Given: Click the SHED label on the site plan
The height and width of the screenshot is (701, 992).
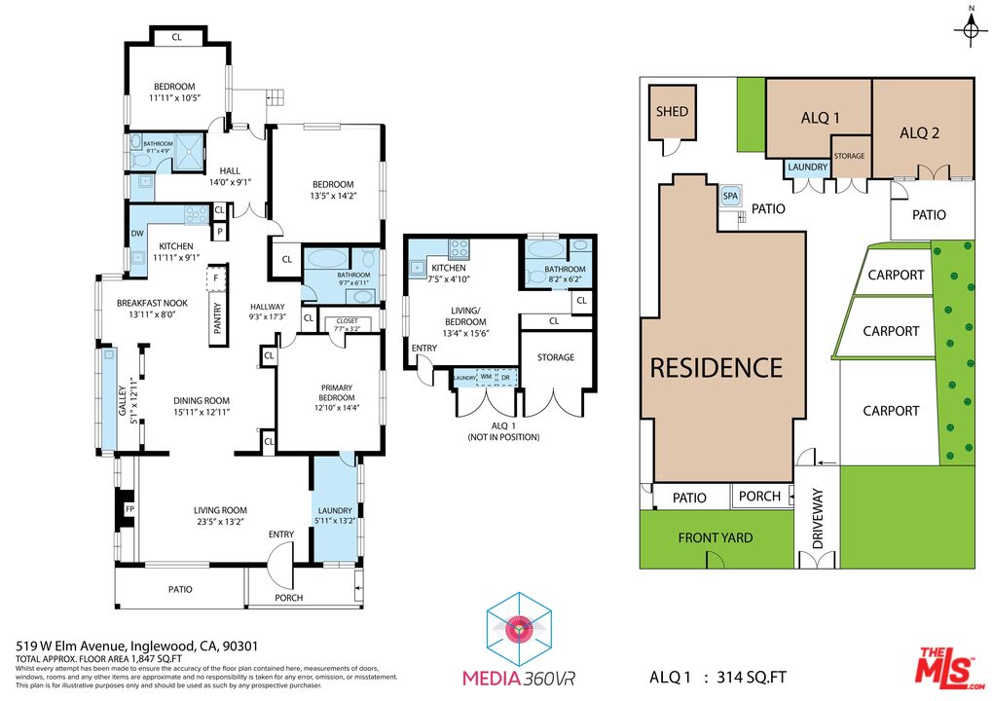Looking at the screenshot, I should coord(672,112).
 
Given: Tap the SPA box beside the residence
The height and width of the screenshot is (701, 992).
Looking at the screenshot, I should coord(731,197).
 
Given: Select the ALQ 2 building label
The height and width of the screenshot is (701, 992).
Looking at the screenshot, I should coord(919,133).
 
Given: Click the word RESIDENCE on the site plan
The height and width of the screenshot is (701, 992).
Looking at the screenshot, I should coord(716,368).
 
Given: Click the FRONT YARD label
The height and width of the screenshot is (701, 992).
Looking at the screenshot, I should coord(716,537).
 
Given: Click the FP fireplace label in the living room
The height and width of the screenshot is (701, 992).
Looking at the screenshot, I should coord(130,509).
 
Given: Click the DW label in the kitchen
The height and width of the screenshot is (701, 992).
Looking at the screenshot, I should coord(136,233).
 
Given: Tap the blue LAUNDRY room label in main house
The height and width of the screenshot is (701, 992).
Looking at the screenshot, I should coord(334,510).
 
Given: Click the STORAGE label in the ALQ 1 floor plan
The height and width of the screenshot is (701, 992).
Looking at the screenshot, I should coord(556,357).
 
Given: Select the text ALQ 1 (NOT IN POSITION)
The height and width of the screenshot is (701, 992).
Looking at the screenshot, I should coord(502,431).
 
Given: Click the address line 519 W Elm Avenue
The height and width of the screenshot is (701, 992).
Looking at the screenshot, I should coord(136,646).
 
